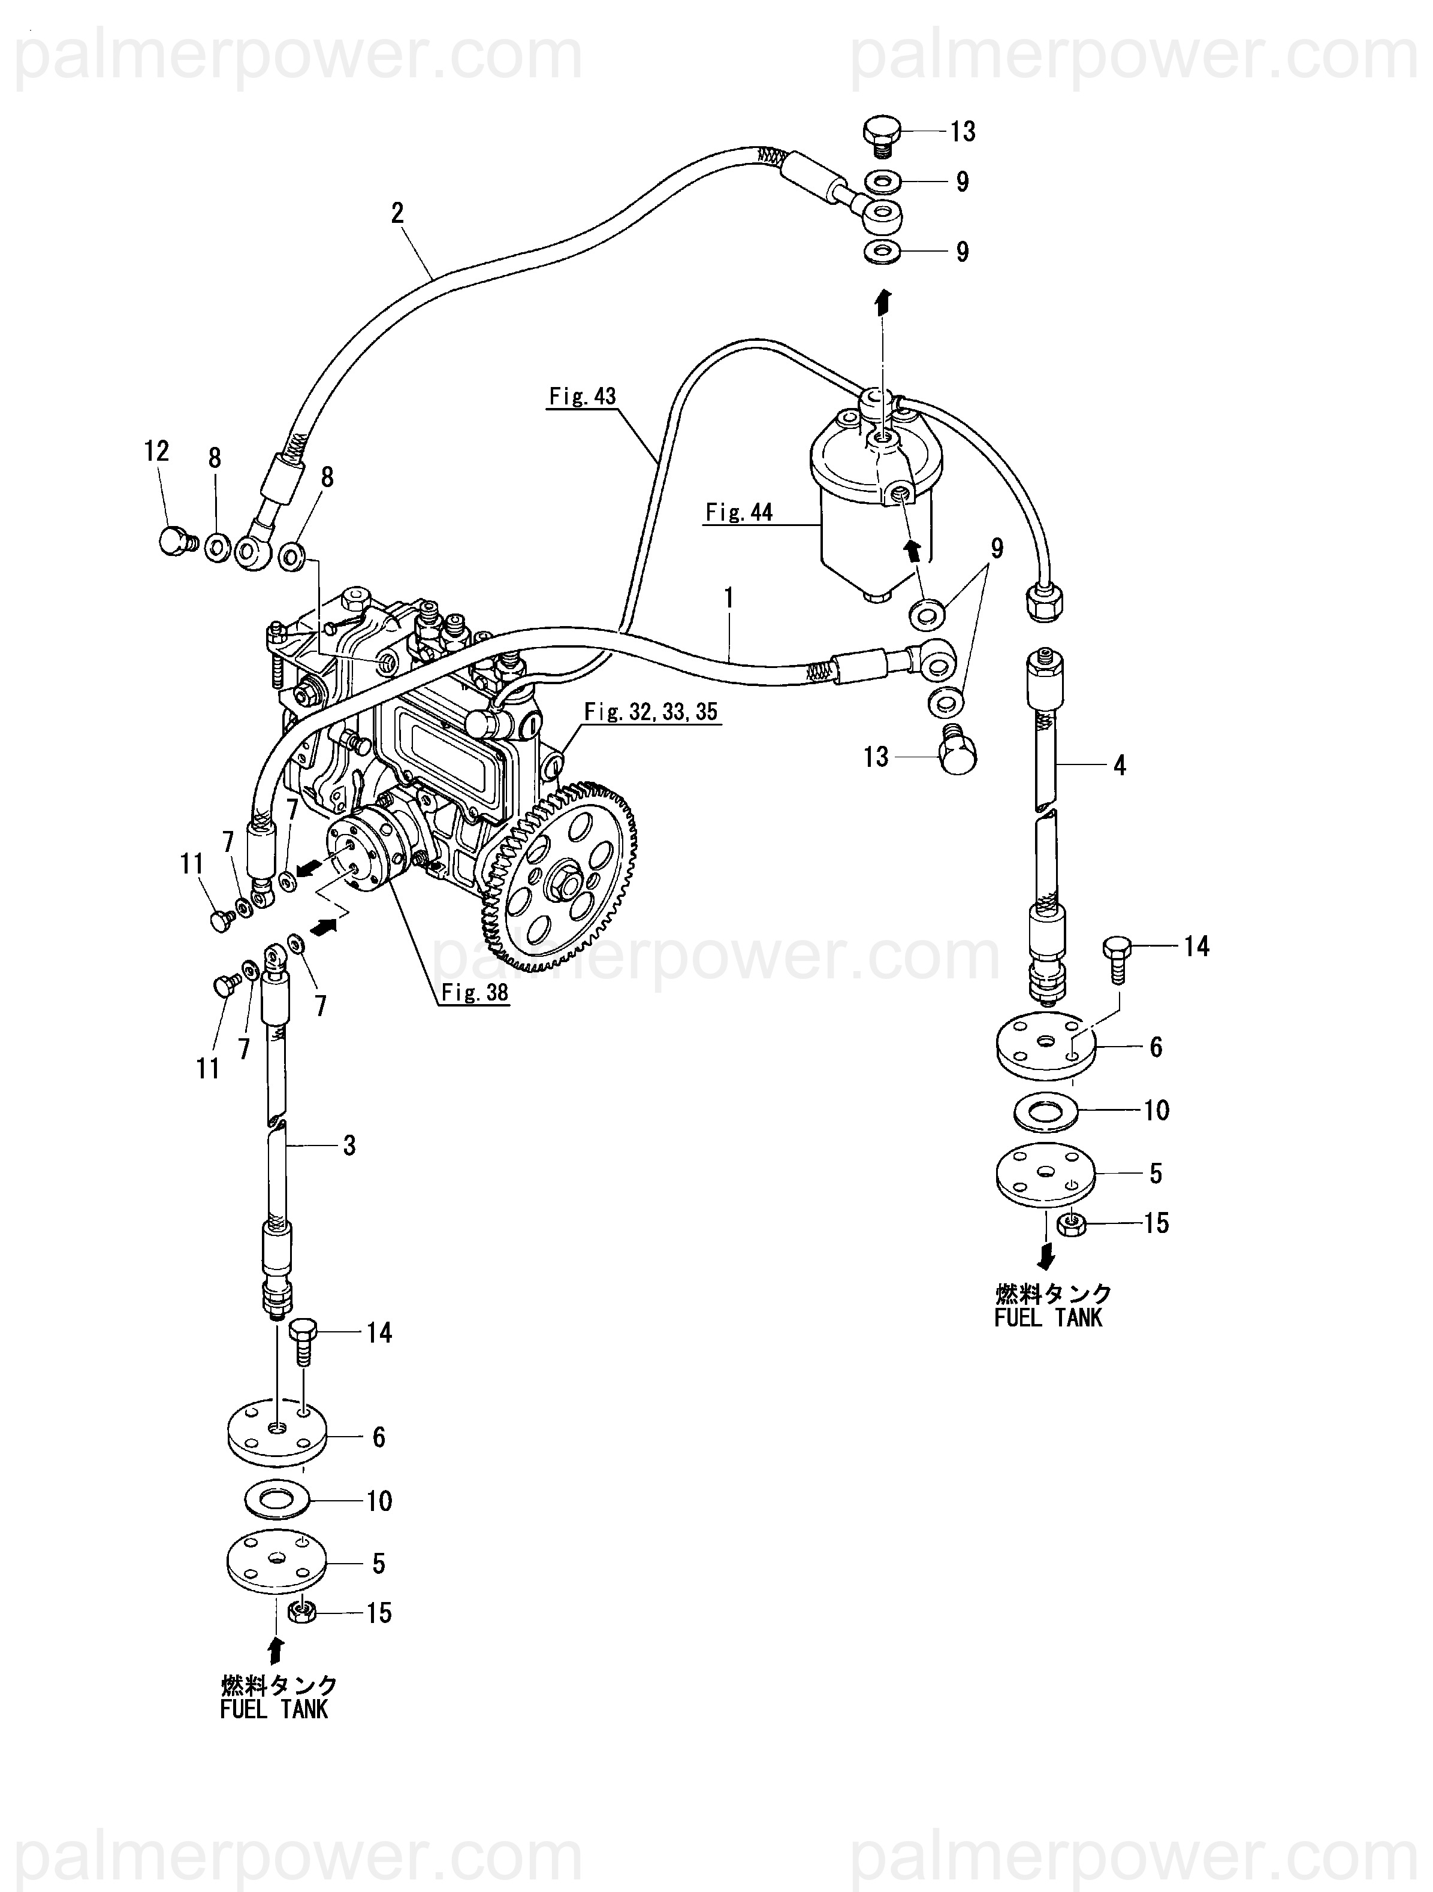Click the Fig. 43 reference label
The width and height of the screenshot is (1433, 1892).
[583, 396]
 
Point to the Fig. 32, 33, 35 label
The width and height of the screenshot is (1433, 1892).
[651, 712]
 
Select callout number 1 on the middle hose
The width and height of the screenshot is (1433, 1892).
[729, 598]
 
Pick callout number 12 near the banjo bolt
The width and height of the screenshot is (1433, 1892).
[156, 451]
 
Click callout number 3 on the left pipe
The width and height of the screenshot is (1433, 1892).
[349, 1146]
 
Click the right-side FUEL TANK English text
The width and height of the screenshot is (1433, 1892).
[1048, 1318]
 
